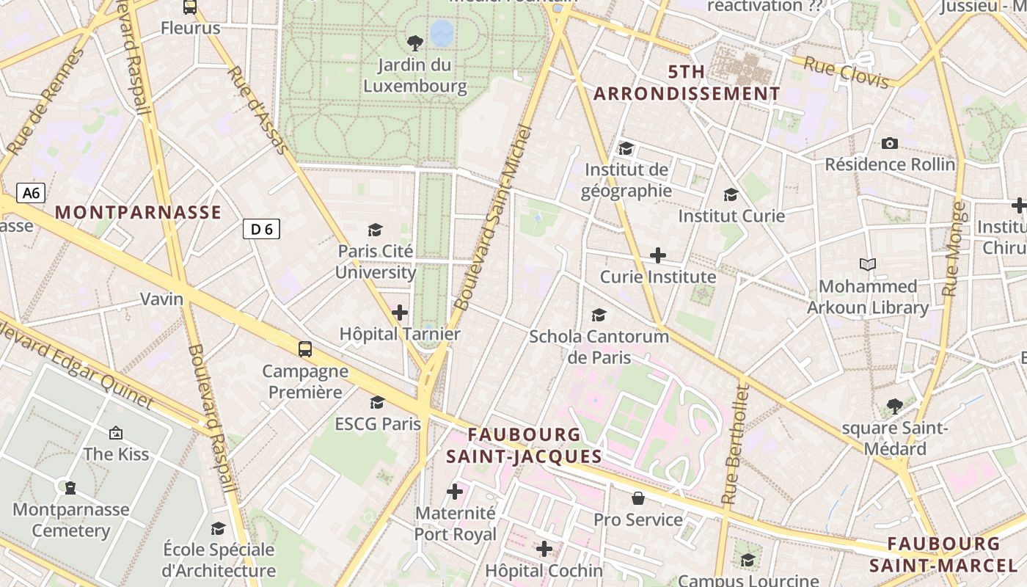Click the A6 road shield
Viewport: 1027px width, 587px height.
pyautogui.click(x=31, y=194)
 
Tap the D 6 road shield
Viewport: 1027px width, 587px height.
pyautogui.click(x=261, y=230)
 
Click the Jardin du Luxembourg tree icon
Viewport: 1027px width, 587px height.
pyautogui.click(x=414, y=43)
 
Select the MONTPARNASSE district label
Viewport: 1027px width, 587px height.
pyautogui.click(x=138, y=213)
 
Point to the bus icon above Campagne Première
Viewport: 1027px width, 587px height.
pyautogui.click(x=305, y=349)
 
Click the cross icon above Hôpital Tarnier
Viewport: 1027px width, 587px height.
pyautogui.click(x=400, y=313)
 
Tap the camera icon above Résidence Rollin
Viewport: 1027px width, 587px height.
pyautogui.click(x=890, y=143)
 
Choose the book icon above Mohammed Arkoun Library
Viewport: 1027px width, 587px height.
pyautogui.click(x=868, y=264)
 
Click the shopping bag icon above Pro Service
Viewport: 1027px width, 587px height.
pyautogui.click(x=638, y=498)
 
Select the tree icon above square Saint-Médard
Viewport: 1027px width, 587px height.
pyautogui.click(x=894, y=406)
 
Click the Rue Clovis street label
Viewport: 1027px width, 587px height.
pyautogui.click(x=846, y=72)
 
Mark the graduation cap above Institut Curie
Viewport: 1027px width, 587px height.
pyautogui.click(x=731, y=194)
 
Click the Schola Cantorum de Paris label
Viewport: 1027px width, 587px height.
pyautogui.click(x=599, y=346)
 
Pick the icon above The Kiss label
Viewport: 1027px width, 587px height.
pyautogui.click(x=115, y=433)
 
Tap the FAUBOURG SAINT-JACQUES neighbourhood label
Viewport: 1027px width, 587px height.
pyautogui.click(x=524, y=445)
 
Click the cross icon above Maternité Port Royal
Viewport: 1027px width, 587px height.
pyautogui.click(x=455, y=491)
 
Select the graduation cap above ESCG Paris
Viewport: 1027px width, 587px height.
pyautogui.click(x=377, y=402)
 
